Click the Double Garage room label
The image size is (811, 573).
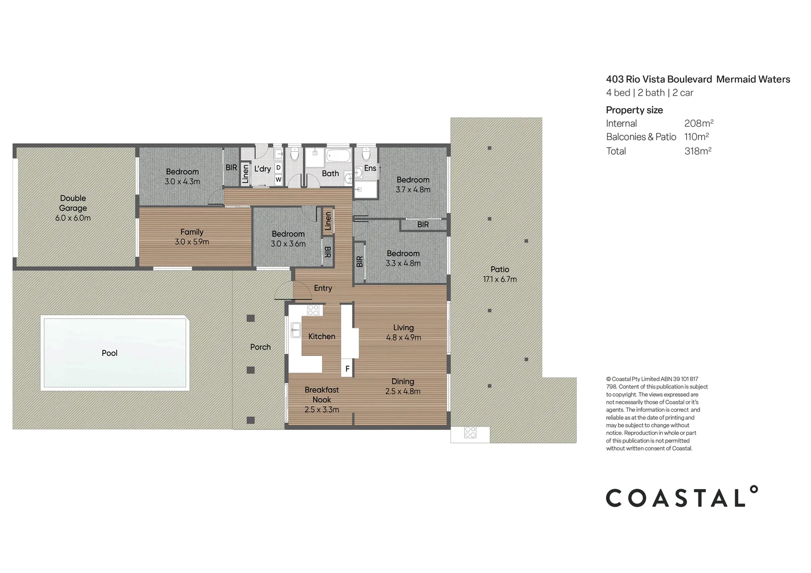tap(73, 208)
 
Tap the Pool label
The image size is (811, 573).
tap(109, 353)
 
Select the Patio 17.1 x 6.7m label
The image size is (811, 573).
tap(499, 274)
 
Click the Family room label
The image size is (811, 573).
tap(192, 237)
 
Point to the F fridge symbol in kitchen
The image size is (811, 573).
tap(347, 368)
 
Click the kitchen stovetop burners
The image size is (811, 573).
tap(313, 310)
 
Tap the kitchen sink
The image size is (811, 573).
tap(296, 330)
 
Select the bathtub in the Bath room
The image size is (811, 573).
tap(338, 157)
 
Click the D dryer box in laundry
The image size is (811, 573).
tap(278, 168)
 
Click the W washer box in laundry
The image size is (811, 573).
tap(278, 179)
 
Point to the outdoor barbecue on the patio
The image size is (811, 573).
tap(470, 433)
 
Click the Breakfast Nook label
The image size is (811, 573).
tap(322, 400)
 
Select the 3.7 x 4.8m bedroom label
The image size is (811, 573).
tap(413, 185)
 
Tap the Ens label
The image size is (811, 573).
tap(370, 168)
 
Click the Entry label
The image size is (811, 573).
tap(323, 288)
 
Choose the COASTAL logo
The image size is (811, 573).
tap(682, 497)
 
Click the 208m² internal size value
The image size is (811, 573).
tap(698, 124)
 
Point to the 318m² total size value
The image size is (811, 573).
tap(697, 151)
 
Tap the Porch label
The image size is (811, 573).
tap(260, 347)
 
